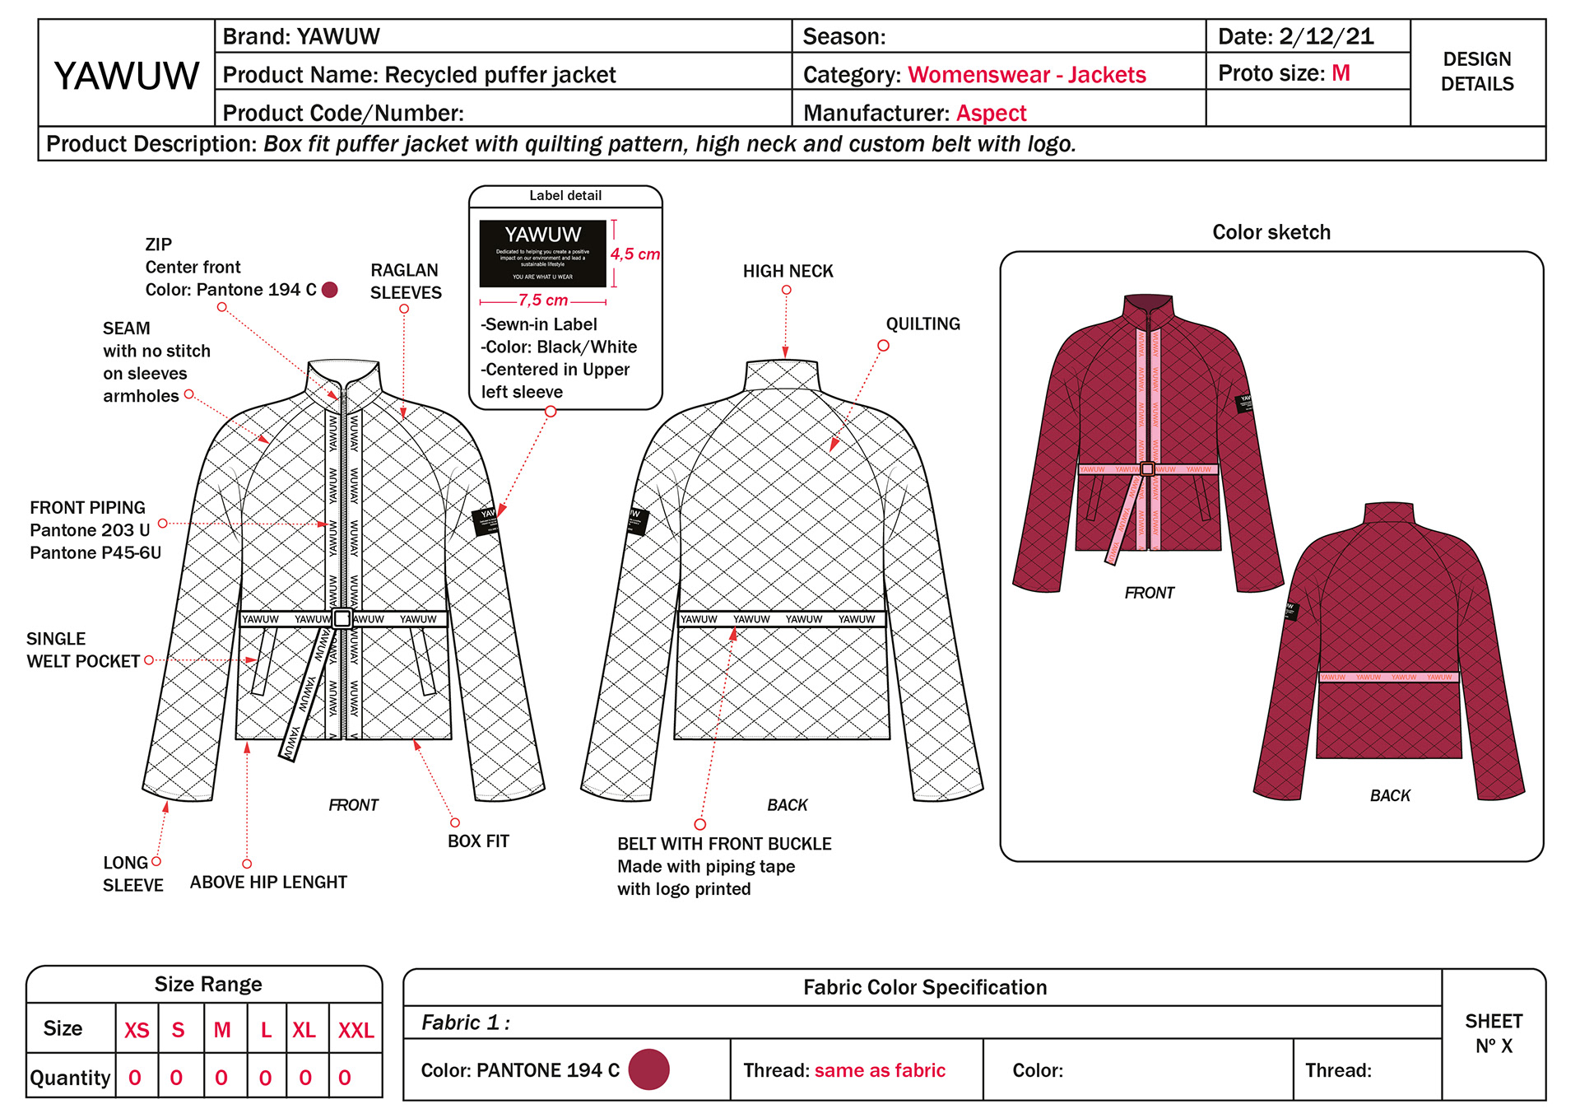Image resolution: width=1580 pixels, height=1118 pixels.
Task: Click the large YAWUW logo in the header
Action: [127, 76]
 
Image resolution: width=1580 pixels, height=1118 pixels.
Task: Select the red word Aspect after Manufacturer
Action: [991, 113]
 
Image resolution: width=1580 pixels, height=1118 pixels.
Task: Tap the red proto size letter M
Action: [1341, 73]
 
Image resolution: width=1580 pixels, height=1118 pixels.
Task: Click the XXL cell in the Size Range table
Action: [355, 1030]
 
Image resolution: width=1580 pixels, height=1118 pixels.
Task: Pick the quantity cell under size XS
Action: [136, 1078]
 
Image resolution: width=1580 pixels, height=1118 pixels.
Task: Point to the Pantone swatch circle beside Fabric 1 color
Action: [648, 1069]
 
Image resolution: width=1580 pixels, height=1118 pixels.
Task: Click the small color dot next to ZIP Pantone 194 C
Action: [330, 290]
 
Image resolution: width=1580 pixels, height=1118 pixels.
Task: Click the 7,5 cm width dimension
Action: [542, 300]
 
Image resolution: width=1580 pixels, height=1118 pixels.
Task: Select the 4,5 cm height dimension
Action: [634, 254]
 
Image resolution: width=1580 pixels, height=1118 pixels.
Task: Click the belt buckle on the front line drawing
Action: [342, 619]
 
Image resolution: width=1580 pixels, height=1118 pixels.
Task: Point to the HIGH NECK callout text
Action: [788, 271]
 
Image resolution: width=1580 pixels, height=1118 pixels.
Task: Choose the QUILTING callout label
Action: [922, 324]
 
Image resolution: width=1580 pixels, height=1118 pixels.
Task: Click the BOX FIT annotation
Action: [478, 841]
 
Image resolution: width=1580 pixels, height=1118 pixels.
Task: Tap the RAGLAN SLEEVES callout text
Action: [405, 282]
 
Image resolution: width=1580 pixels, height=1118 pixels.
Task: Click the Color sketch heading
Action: [1271, 232]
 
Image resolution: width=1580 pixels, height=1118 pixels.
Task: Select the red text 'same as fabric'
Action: [880, 1070]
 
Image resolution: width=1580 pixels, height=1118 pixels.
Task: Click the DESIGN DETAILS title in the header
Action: [1477, 72]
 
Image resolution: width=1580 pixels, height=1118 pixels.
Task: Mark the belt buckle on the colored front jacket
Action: [1147, 469]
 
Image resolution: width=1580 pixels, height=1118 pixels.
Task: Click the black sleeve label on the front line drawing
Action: [486, 521]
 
